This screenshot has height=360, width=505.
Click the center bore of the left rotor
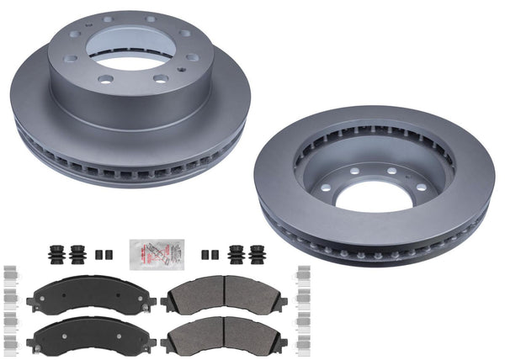point(133,53)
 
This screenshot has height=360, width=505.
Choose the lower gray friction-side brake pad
point(224,334)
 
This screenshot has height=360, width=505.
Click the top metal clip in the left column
point(10,274)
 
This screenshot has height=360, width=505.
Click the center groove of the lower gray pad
point(224,334)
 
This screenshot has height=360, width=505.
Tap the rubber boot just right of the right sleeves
point(236,254)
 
